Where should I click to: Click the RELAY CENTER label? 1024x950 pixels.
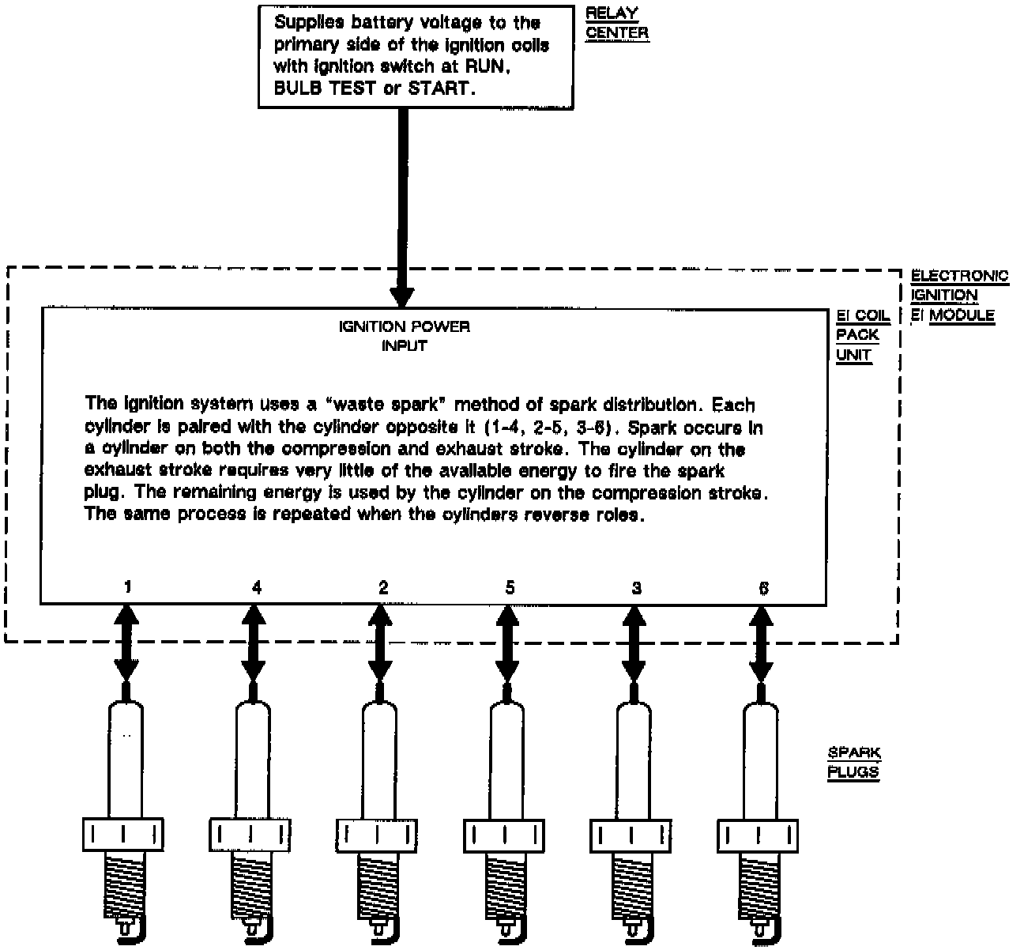point(616,24)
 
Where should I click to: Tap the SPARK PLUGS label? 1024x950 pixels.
point(853,763)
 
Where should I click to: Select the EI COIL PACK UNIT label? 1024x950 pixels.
point(863,335)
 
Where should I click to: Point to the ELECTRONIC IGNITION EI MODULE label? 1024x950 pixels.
point(958,296)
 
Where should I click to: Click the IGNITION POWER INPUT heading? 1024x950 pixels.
point(404,336)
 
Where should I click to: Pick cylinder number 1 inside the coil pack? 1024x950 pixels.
point(128,587)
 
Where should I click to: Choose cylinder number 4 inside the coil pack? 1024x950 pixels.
point(256,587)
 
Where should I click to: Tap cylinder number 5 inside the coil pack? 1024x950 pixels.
point(510,587)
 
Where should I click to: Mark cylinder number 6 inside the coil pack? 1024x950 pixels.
point(763,587)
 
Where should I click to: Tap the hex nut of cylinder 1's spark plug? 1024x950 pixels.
point(122,835)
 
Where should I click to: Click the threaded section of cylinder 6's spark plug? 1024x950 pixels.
point(756,885)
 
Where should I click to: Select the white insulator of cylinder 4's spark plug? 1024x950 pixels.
point(253,759)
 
